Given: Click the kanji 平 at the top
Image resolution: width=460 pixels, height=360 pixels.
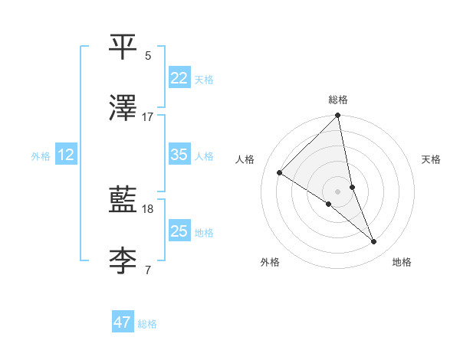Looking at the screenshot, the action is (x=123, y=47).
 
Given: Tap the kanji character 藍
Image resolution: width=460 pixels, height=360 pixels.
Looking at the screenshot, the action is (x=123, y=200).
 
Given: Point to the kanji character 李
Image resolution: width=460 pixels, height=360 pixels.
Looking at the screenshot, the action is (x=123, y=261).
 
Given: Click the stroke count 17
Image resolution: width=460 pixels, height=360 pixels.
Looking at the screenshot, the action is (x=148, y=117).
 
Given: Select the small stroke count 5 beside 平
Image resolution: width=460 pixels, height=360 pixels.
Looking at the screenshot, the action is (x=148, y=56).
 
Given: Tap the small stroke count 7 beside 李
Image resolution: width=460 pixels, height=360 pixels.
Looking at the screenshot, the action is (x=148, y=270).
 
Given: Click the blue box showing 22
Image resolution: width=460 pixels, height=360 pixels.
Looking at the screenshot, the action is (x=179, y=78).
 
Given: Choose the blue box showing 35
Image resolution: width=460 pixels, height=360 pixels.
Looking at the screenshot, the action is (x=179, y=155).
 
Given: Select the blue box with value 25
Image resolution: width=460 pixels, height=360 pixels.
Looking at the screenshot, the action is (x=179, y=231).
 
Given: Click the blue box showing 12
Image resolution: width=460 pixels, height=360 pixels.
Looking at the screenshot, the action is (x=66, y=155).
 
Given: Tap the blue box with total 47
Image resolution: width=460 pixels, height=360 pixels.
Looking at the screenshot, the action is (x=123, y=322).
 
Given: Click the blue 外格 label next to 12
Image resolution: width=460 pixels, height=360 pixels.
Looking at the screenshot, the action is (x=41, y=156).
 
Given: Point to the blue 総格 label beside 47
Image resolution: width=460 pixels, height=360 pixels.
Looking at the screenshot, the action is (x=147, y=324).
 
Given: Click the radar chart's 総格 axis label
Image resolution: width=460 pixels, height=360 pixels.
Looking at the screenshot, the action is (x=338, y=100).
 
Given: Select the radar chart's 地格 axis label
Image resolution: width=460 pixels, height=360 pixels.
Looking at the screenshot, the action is (x=402, y=263).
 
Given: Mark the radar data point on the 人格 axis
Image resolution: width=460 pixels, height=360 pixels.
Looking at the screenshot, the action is (x=280, y=173).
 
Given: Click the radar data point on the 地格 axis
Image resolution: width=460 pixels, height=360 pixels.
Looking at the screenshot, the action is (x=374, y=242).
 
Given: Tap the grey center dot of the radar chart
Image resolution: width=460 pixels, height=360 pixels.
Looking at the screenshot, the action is (x=338, y=191).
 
